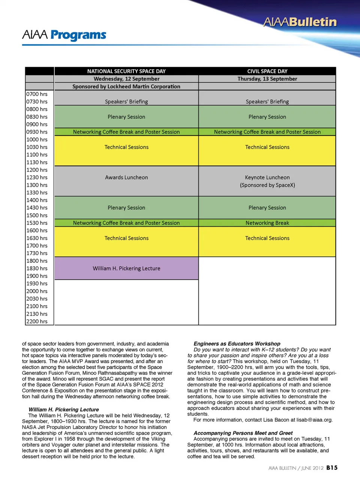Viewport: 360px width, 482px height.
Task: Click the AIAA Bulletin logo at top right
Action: pos(300,22)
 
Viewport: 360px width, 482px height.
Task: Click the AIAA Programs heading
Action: pos(64,35)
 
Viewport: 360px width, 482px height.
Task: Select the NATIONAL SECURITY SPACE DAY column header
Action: pos(126,71)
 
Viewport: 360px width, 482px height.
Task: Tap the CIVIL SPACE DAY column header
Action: pos(267,71)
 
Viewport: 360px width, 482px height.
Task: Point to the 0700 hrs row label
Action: pos(37,94)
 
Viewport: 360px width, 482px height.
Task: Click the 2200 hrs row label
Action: pos(37,321)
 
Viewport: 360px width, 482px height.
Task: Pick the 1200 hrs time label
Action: pos(37,170)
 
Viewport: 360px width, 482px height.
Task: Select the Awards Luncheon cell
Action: pos(126,177)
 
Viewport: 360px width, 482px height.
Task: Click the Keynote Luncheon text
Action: pos(267,177)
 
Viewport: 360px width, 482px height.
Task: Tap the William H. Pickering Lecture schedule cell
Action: pos(126,268)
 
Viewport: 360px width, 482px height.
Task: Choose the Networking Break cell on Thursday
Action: pos(267,223)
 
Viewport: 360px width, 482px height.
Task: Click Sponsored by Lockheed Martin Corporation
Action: pos(126,86)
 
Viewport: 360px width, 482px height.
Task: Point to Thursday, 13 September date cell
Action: pos(267,79)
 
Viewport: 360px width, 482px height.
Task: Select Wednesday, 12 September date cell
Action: pos(126,79)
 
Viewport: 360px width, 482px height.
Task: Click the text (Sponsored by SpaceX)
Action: pos(267,185)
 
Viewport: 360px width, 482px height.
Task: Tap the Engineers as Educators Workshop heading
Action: pos(237,343)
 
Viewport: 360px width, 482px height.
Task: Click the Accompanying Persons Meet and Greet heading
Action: pos(243,433)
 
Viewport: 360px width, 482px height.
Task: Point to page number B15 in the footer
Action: pos(331,468)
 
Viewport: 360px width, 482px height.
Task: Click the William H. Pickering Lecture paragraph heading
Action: pos(64,410)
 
